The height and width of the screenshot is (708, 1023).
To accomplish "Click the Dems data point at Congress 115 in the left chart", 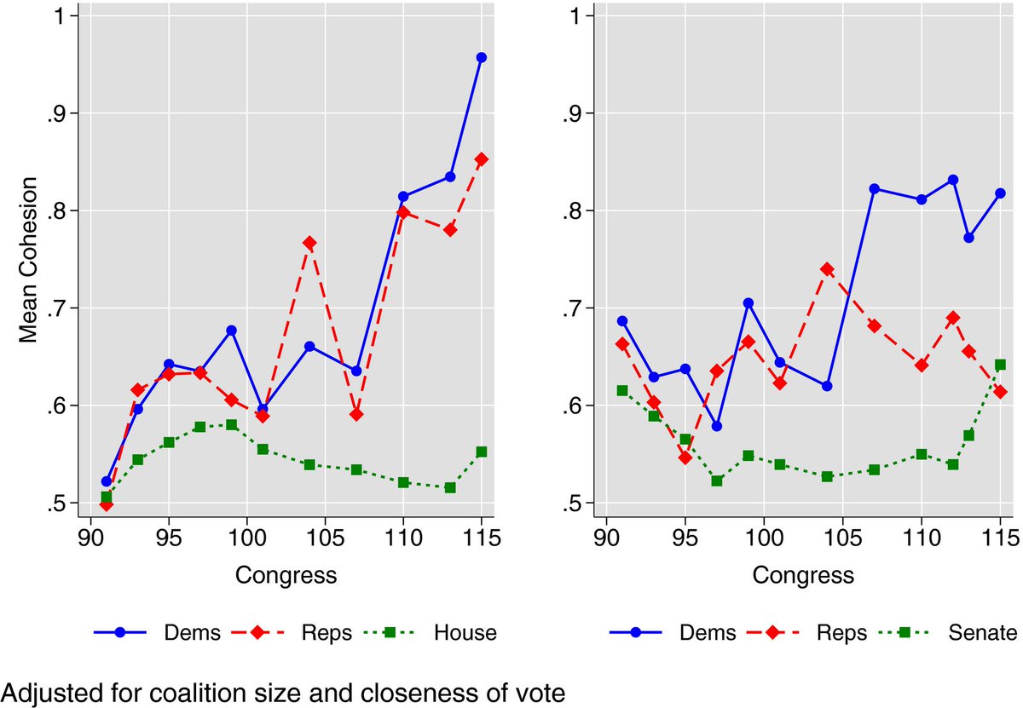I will [482, 58].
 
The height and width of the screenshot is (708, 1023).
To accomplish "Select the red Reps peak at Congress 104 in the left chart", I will [309, 243].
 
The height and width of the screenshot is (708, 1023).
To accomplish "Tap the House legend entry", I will [465, 632].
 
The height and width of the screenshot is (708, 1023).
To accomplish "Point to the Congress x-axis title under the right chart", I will [803, 576].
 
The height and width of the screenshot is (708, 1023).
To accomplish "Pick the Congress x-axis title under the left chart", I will [286, 576].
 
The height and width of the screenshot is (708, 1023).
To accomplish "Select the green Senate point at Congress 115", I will [1001, 365].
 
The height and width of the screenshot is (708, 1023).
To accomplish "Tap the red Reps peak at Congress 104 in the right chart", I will [826, 269].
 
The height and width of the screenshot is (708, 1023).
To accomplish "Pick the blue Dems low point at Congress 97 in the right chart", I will [717, 426].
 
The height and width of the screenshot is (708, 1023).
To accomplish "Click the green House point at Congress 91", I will [107, 497].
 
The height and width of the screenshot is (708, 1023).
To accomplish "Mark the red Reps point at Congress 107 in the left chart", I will [356, 414].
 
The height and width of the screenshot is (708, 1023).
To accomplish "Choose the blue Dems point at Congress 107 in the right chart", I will [874, 188].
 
